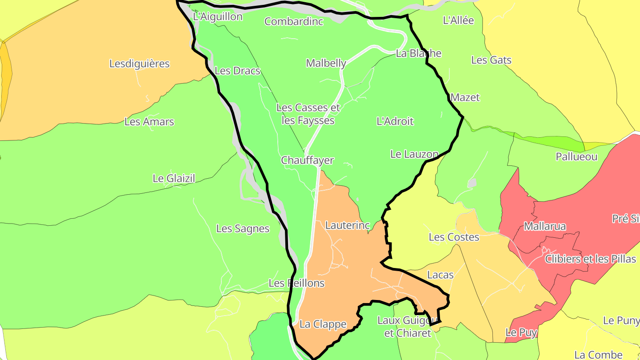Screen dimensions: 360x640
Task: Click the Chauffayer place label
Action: (307, 160)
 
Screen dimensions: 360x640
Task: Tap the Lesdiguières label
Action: (140, 64)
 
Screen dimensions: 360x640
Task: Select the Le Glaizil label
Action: (174, 179)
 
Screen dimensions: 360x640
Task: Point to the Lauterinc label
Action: (347, 225)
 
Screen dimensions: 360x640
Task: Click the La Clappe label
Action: (323, 324)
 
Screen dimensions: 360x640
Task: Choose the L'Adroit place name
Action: (395, 121)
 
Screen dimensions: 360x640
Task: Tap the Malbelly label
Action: (326, 63)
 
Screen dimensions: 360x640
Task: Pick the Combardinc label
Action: (293, 21)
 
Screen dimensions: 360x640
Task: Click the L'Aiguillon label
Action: (218, 17)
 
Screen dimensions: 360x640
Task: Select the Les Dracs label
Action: (237, 71)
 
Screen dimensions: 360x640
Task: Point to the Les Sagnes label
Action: (243, 229)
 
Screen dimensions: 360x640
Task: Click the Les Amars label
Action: (149, 122)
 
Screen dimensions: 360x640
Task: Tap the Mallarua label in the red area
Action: (545, 226)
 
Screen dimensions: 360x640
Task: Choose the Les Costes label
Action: (454, 237)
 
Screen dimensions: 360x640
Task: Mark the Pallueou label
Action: (576, 157)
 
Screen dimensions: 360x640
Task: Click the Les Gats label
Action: (491, 60)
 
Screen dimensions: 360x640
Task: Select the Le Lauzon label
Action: (414, 154)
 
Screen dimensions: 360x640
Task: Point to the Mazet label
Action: (465, 97)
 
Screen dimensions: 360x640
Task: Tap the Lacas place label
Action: (440, 275)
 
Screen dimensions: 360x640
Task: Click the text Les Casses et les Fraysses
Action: (308, 114)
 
